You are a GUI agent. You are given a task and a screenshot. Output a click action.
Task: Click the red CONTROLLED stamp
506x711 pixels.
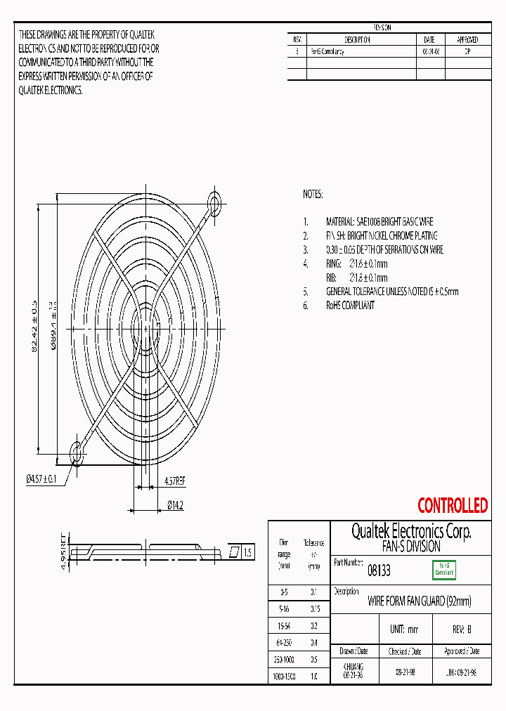tap(453, 505)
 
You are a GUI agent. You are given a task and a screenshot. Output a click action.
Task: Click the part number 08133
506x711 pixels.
tap(379, 572)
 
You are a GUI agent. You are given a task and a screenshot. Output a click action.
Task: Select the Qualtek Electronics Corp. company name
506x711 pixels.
tap(411, 531)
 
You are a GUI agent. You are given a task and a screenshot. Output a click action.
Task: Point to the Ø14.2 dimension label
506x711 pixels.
tap(175, 505)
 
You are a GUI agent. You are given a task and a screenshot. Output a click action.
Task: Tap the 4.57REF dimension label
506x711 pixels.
tap(174, 481)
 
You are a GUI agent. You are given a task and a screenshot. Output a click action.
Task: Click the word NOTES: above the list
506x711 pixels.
tap(313, 193)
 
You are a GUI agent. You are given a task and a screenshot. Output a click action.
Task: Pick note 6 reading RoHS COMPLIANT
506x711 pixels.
tap(350, 306)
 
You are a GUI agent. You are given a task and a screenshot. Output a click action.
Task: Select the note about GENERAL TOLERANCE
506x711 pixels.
tap(391, 292)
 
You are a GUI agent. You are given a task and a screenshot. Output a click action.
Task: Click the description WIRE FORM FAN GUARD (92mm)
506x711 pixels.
tap(420, 601)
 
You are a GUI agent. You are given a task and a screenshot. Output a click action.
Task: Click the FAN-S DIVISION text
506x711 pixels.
tap(411, 546)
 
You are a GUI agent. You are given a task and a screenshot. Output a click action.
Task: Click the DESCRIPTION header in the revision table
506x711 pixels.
tap(357, 40)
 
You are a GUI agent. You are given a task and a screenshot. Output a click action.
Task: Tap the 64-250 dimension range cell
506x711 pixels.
tap(284, 642)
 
